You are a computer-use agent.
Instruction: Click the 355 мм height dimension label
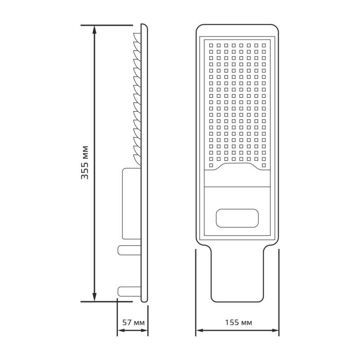(x=85, y=162)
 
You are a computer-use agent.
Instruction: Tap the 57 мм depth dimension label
(x=133, y=323)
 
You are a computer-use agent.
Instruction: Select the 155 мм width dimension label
(x=237, y=323)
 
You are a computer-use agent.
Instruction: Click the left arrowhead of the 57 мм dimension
(x=120, y=332)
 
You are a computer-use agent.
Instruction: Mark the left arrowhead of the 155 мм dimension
(x=198, y=332)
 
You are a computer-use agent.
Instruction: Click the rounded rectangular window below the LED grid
(x=238, y=218)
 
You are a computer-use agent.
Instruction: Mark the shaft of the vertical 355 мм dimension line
(x=94, y=112)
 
